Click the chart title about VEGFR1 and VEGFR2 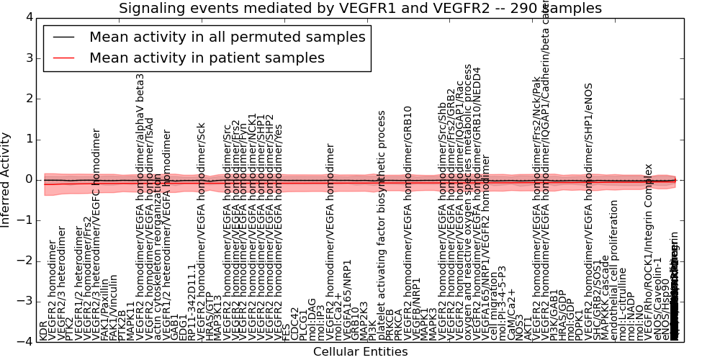(360, 9)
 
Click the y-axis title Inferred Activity (6, 179)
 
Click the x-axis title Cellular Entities (360, 352)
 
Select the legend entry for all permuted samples (227, 37)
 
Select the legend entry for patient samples (207, 58)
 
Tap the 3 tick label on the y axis (28, 58)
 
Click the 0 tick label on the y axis (28, 179)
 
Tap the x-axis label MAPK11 (130, 321)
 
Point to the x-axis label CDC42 (295, 324)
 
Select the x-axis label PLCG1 (304, 323)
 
